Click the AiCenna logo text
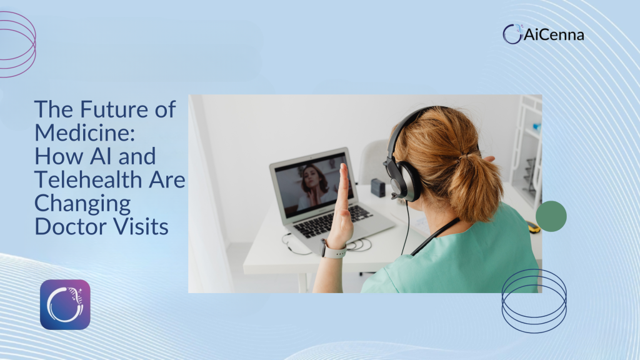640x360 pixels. [554, 35]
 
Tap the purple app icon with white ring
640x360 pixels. [65, 304]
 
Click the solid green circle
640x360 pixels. [551, 216]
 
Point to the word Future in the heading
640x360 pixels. [114, 109]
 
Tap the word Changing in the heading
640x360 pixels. [82, 204]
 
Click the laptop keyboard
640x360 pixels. [332, 222]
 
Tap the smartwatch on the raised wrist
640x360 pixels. [332, 249]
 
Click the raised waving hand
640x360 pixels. [342, 204]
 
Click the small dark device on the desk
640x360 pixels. [378, 187]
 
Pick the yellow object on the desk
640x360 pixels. [533, 227]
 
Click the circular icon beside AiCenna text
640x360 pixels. [512, 34]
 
